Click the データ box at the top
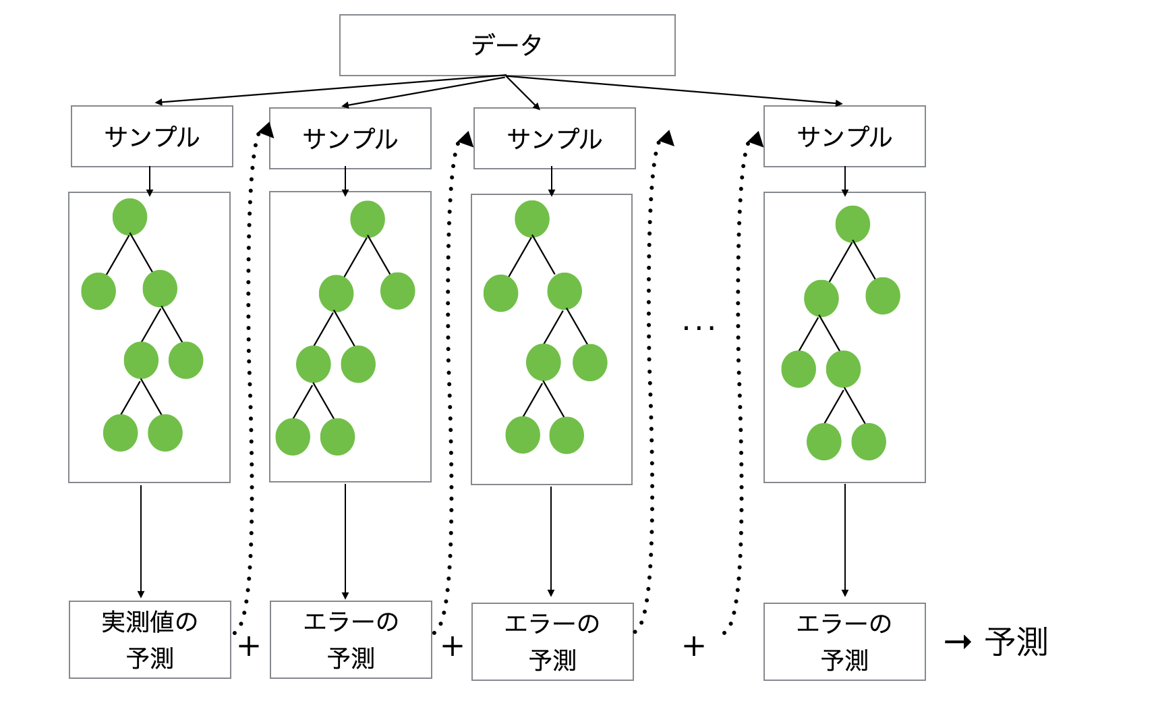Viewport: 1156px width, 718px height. [x=507, y=45]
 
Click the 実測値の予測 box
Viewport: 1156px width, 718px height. [x=150, y=639]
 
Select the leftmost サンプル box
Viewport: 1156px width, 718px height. [x=152, y=136]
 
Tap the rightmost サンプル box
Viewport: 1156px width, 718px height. [x=844, y=136]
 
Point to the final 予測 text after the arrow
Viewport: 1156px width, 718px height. [x=1016, y=642]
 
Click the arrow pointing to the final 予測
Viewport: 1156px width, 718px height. [x=958, y=642]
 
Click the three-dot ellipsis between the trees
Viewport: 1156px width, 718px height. [x=698, y=329]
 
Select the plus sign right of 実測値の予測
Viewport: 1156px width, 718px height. [x=249, y=646]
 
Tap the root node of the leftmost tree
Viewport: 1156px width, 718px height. [x=129, y=217]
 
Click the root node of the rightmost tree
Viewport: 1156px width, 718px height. [x=852, y=224]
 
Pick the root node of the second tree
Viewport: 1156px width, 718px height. [x=368, y=219]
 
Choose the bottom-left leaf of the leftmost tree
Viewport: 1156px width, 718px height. [x=120, y=433]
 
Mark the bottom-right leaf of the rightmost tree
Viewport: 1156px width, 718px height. [x=869, y=441]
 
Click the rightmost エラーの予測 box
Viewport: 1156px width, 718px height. [x=844, y=641]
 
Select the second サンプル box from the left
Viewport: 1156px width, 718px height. [x=350, y=138]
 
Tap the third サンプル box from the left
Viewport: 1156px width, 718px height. [x=554, y=138]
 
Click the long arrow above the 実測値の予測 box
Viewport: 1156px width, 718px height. [x=141, y=540]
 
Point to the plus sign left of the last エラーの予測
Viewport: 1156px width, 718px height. [x=694, y=646]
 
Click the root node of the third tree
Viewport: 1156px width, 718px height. [x=532, y=219]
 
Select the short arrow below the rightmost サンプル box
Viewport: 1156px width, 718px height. [x=845, y=181]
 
